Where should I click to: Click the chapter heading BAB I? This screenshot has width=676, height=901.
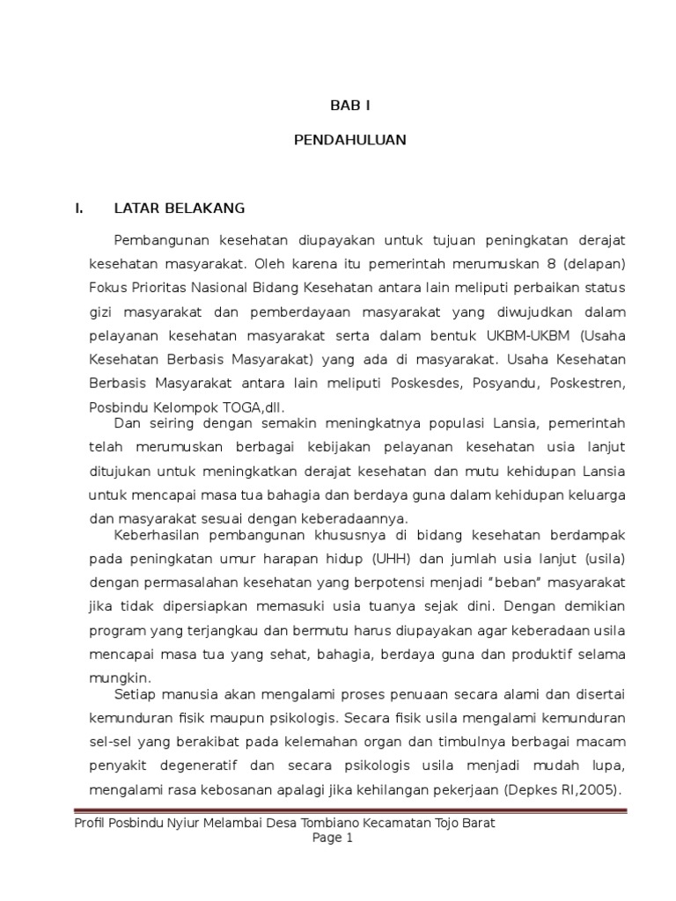click(x=350, y=105)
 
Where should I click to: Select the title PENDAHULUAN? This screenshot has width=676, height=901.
click(x=350, y=140)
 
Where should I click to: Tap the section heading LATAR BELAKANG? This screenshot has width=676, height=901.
click(x=180, y=209)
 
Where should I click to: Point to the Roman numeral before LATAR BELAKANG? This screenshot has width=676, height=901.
click(x=78, y=209)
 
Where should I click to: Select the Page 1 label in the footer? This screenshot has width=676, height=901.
click(x=333, y=839)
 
